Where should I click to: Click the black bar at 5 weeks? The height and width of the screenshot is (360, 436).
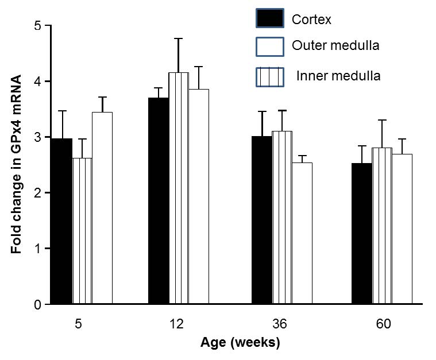pos(62,221)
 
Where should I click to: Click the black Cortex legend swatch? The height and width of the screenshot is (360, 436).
pos(269,19)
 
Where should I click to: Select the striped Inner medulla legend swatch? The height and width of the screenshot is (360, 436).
pos(269,76)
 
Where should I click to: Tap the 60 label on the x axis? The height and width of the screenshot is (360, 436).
pos(384,324)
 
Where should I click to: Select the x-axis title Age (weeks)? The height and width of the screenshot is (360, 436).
pos(240,343)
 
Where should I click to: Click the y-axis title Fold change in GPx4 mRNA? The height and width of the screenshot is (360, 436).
pos(18,165)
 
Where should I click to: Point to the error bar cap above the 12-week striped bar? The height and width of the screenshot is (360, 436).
pos(179,38)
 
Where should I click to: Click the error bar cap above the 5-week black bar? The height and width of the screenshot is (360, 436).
pos(62,111)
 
